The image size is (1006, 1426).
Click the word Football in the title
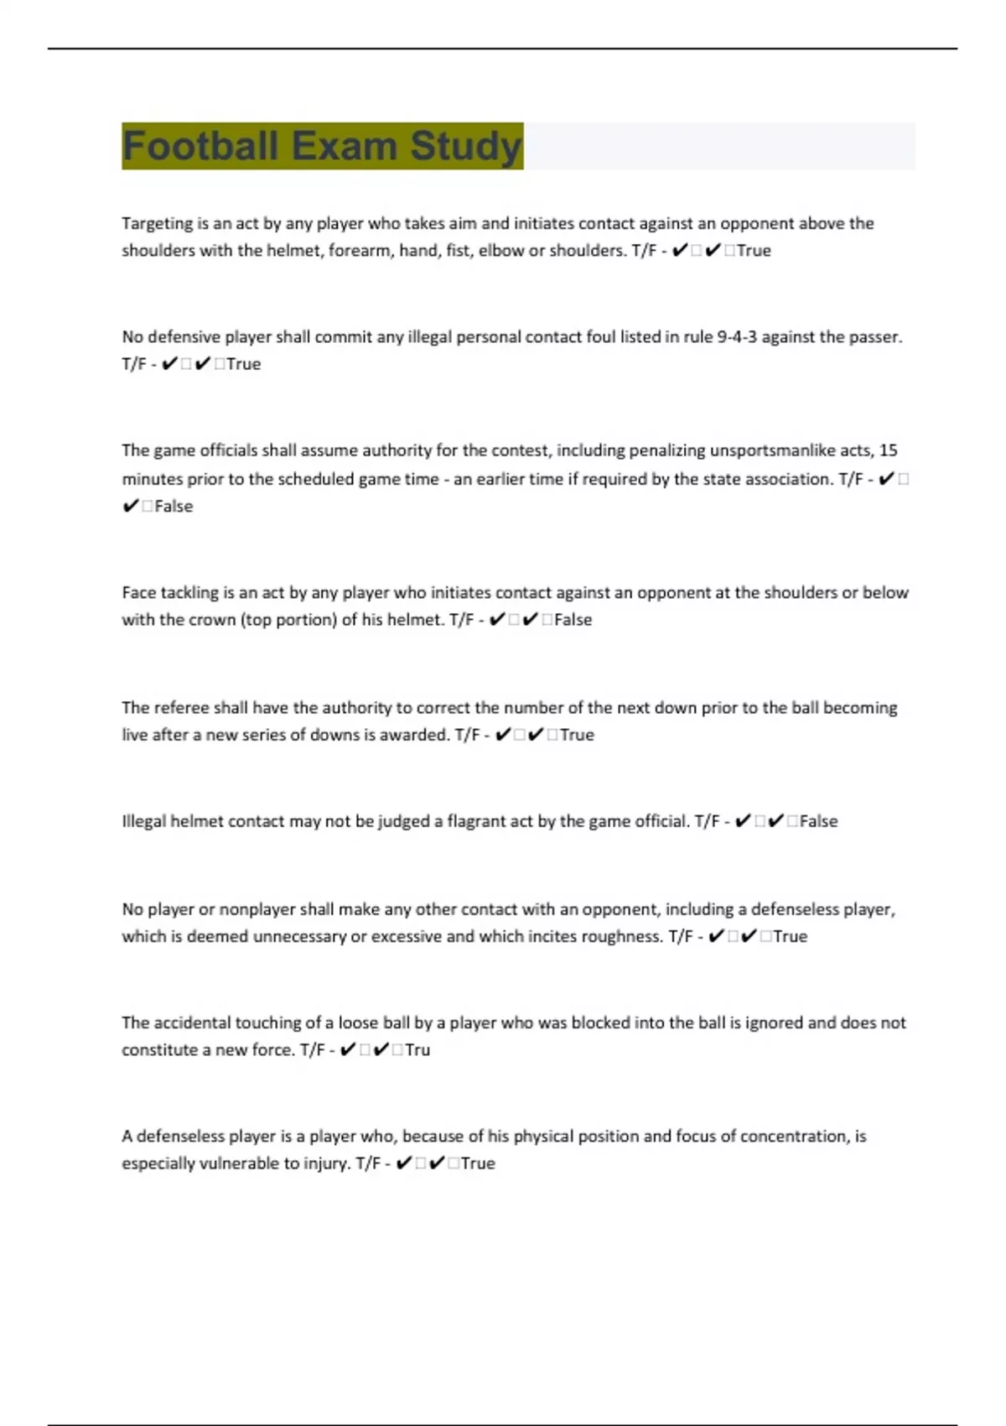pos(200,146)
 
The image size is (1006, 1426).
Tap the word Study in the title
pos(466,146)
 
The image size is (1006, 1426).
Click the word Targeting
pos(158,224)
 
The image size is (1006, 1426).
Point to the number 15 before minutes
pos(888,450)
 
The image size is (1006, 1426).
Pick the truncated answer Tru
pos(417,1050)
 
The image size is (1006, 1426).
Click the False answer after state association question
pos(174,507)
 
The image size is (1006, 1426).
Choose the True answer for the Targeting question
pos(754,251)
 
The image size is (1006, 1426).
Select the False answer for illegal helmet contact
pos(818,821)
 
